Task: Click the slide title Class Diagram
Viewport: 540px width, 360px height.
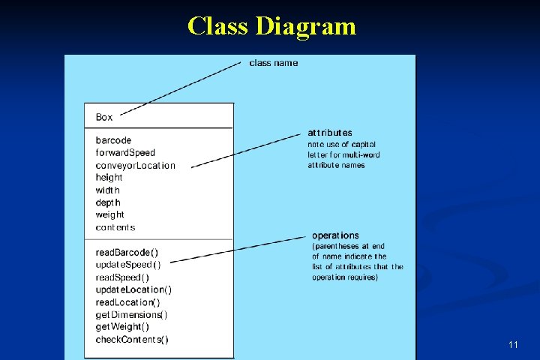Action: click(x=271, y=26)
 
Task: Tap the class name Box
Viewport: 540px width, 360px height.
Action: click(x=104, y=117)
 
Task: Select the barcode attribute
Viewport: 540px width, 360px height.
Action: click(x=113, y=140)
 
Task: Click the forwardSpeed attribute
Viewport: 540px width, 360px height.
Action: click(x=125, y=153)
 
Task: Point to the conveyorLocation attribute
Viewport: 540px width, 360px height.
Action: click(x=135, y=166)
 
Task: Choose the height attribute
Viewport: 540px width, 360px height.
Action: click(x=109, y=178)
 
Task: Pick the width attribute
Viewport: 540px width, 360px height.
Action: click(x=107, y=190)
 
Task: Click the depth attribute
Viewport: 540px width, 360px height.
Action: click(x=108, y=202)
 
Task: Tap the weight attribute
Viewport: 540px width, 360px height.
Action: click(x=109, y=214)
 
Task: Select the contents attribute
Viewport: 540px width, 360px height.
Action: click(x=115, y=227)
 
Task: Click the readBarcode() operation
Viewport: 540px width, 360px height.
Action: click(x=127, y=252)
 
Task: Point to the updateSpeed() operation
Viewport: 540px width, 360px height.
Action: click(x=127, y=264)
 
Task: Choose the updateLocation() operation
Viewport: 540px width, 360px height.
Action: click(x=133, y=289)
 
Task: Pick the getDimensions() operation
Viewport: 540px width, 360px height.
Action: click(x=131, y=314)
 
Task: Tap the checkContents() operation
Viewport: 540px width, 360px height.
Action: click(x=132, y=340)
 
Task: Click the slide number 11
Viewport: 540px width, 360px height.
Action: click(x=513, y=344)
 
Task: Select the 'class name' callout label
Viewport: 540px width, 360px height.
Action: click(x=273, y=63)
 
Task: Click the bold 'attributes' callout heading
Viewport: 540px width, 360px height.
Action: click(x=330, y=133)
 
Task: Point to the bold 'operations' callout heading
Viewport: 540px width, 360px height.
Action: click(x=335, y=235)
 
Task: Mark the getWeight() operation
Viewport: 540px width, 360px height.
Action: click(x=122, y=327)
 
